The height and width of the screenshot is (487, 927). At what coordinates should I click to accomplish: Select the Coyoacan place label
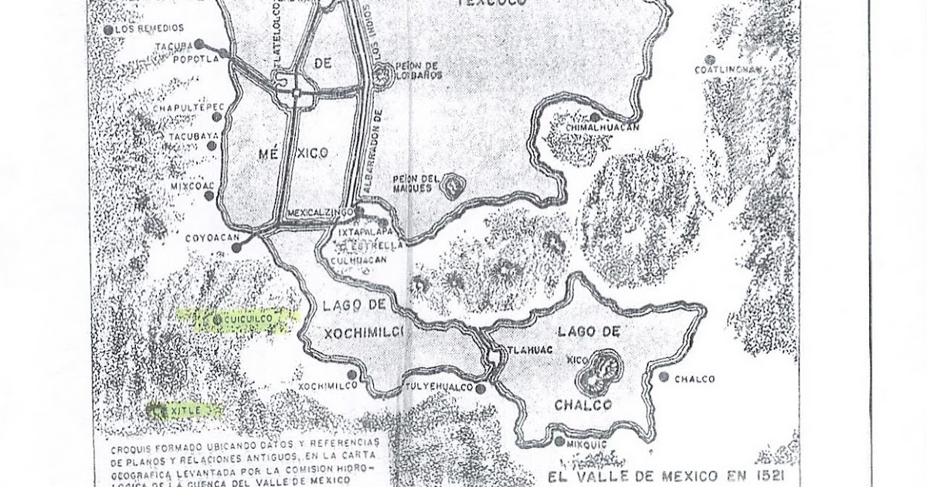(x=209, y=239)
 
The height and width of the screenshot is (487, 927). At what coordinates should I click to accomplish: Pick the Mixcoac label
(x=186, y=186)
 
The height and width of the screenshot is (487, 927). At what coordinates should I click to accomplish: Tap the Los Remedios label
(x=144, y=29)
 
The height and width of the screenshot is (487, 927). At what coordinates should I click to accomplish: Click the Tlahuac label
(x=525, y=349)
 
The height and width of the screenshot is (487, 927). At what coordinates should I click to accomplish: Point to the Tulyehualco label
(x=439, y=387)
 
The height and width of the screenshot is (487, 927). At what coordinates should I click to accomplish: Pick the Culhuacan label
(x=360, y=261)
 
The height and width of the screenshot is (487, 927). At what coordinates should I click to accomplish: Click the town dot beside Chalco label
(x=664, y=377)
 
